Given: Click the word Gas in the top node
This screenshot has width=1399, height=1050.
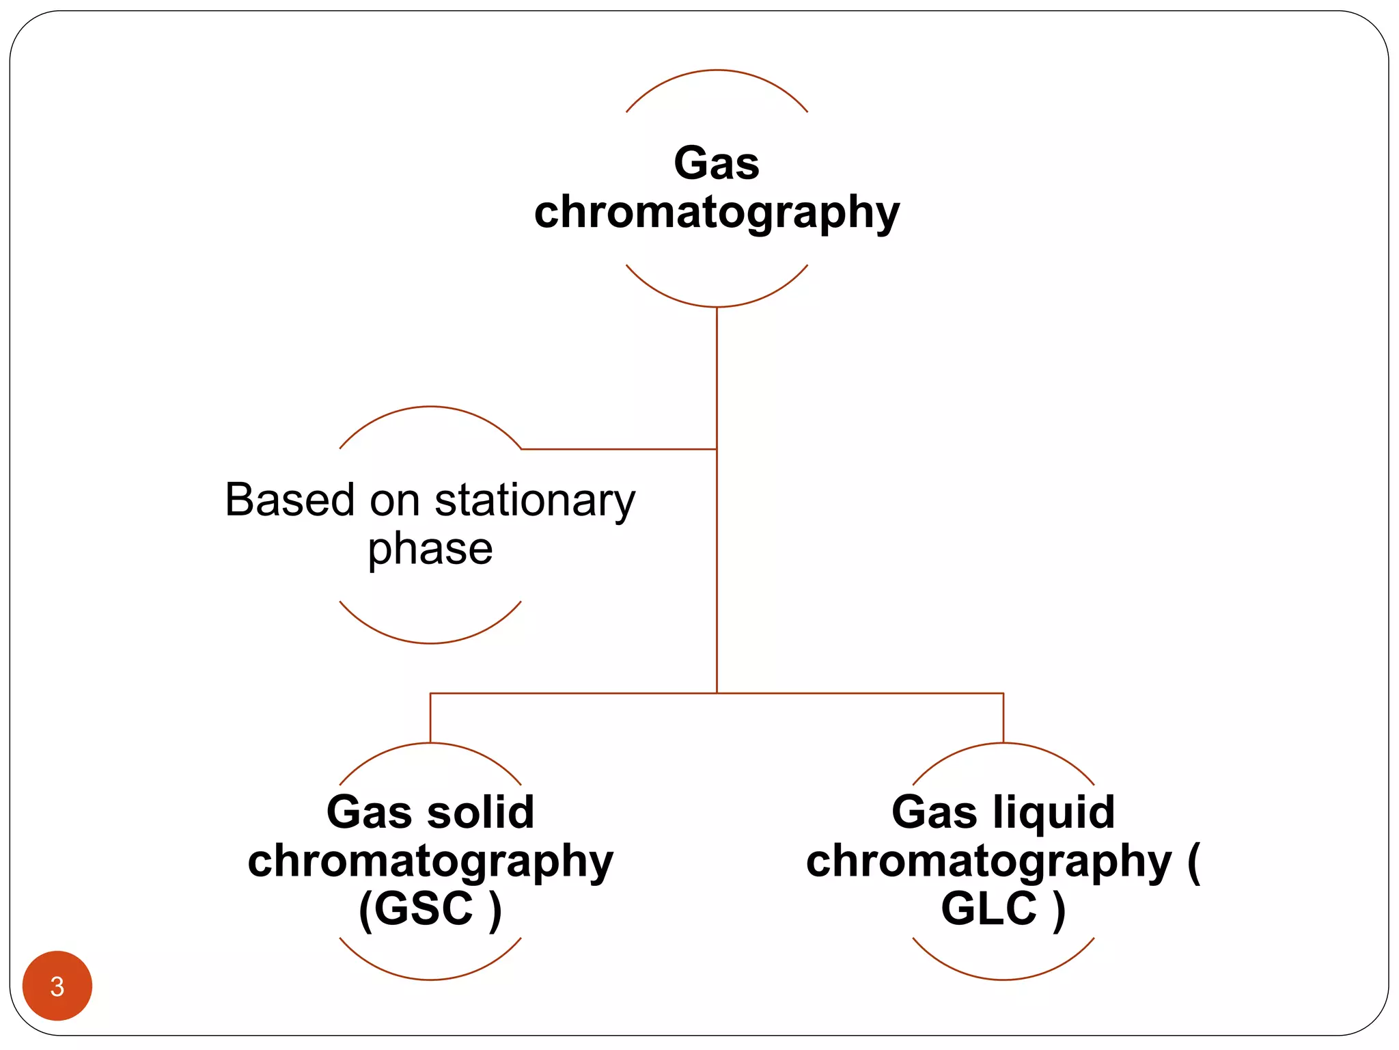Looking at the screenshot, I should pos(716,163).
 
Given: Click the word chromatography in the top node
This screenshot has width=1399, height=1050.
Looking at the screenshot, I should pos(716,213).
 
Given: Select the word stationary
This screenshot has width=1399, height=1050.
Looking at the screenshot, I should pos(535,501).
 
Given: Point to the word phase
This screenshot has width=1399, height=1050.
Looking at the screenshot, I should pos(430,549).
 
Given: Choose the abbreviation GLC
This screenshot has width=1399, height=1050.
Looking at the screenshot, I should pos(988,908).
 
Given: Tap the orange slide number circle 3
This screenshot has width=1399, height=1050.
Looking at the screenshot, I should pos(57,986).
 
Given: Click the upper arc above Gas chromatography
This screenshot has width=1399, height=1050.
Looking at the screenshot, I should pos(717,70).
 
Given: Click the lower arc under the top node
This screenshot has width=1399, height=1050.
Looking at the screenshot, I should pos(717,306).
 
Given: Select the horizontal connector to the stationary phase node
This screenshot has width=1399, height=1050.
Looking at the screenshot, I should pos(618,449).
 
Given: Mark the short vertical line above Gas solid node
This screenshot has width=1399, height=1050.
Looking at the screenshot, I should pos(430,718).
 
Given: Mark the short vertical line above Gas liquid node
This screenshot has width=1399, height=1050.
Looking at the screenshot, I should pos(1003,718).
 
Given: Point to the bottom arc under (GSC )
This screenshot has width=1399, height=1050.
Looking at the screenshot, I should pos(430,979).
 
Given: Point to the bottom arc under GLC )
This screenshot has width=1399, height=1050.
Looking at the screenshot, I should pos(1003,979).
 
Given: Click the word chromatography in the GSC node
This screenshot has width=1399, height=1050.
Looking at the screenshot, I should pos(430,861).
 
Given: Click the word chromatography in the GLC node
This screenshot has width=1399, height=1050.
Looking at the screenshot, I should pos(988,861).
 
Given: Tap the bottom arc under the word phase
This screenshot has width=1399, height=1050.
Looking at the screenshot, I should pos(430,643).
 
